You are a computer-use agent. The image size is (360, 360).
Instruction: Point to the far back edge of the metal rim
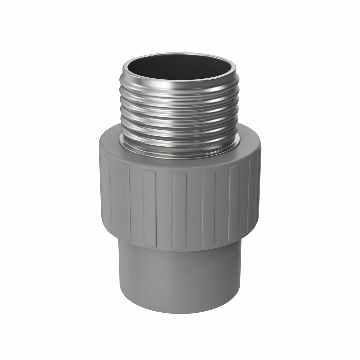(180, 54)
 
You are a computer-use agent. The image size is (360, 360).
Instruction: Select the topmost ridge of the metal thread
(180, 87)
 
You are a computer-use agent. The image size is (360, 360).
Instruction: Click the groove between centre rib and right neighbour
(194, 210)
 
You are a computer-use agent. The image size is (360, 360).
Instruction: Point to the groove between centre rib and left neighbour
(164, 210)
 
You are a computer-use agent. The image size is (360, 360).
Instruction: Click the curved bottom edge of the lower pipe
(180, 313)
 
